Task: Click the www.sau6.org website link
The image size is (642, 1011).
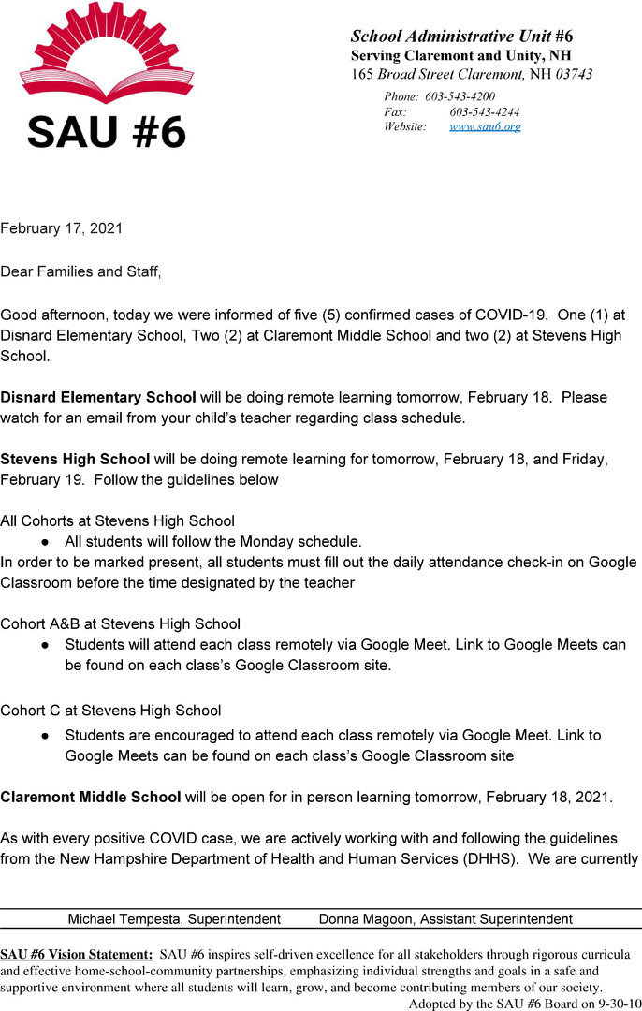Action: [485, 126]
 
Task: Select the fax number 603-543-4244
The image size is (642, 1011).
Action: [485, 111]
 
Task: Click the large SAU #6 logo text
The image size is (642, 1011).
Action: [107, 131]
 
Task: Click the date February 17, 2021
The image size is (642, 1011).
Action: [62, 227]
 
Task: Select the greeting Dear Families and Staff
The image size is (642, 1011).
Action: [80, 271]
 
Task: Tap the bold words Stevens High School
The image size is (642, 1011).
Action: [75, 459]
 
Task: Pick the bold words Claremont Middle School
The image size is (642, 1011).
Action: [91, 797]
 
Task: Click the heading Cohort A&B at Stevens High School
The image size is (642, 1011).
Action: [121, 623]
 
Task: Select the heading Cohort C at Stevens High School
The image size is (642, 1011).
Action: [110, 711]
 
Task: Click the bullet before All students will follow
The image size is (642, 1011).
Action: [45, 542]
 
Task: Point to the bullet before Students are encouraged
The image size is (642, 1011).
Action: [45, 736]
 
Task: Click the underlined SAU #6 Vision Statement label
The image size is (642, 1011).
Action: [77, 955]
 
